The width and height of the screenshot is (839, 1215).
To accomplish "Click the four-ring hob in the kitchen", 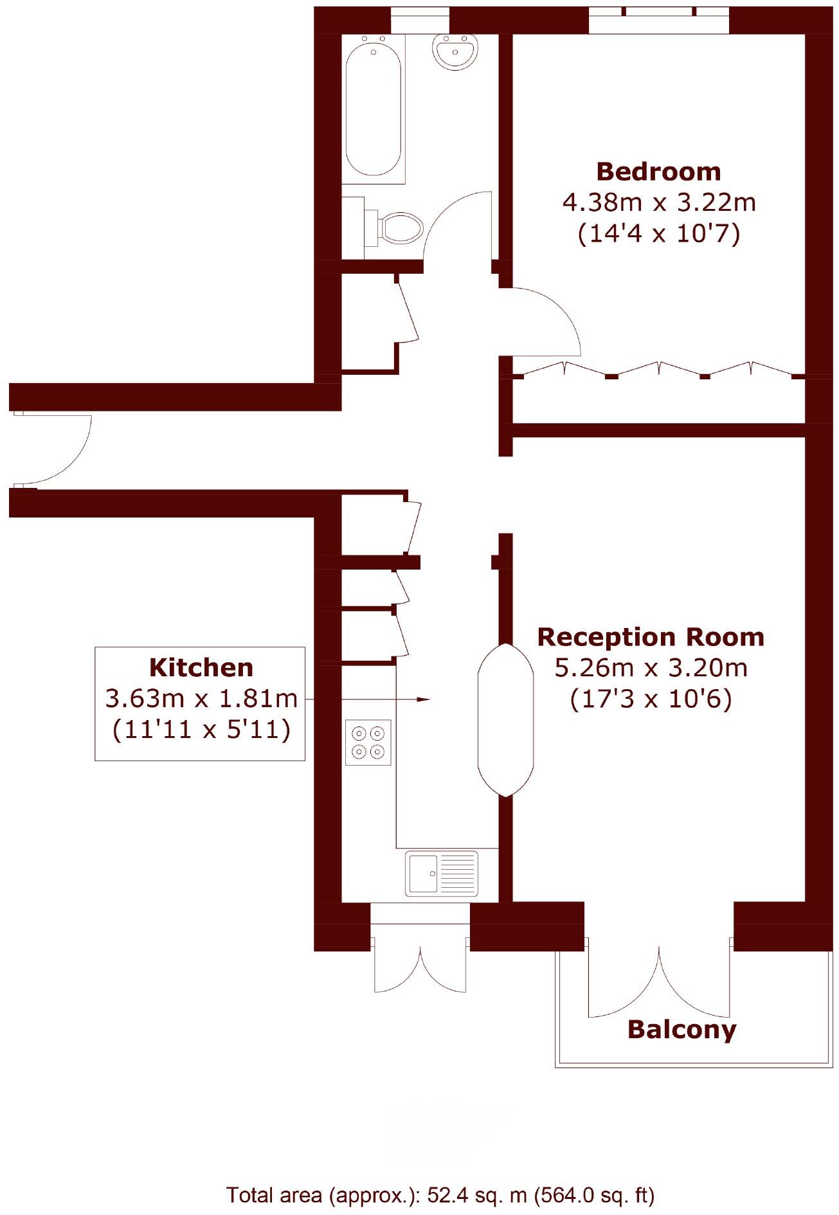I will [368, 742].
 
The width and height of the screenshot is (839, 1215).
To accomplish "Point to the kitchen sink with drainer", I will [442, 874].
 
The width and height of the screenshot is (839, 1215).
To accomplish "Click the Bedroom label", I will [658, 172].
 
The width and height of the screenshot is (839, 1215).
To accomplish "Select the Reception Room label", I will [651, 637].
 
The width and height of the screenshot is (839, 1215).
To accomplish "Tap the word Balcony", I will [681, 1029].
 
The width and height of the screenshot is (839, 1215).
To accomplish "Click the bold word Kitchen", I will [201, 667].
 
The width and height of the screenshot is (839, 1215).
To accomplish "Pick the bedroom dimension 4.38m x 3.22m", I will [658, 203].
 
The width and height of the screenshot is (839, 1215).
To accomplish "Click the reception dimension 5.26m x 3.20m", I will [651, 668].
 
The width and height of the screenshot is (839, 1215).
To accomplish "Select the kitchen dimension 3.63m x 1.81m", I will [201, 698].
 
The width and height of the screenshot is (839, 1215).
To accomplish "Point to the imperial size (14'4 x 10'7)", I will [658, 233].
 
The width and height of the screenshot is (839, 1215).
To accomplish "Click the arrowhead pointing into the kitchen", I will [423, 699].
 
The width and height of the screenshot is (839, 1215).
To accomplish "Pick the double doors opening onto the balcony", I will [659, 984].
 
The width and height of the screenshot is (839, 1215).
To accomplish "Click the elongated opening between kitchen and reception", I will [505, 720].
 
